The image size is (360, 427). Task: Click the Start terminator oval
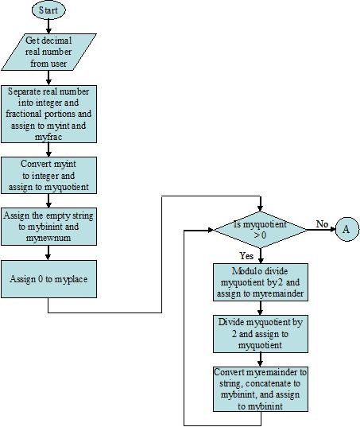point(48,10)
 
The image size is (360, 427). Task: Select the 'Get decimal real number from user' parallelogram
point(48,52)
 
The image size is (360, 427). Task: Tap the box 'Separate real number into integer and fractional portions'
point(48,115)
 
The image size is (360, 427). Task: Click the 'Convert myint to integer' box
point(48,175)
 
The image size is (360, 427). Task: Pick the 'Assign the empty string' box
point(48,225)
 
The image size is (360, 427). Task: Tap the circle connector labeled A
point(346,231)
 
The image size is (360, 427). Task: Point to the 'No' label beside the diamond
point(322,224)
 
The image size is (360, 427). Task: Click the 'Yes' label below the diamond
point(247,255)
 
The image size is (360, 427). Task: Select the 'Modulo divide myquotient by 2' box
point(261,283)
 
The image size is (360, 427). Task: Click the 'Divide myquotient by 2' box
point(261,334)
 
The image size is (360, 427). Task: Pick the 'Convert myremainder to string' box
point(261,389)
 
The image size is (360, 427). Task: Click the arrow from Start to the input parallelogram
point(48,26)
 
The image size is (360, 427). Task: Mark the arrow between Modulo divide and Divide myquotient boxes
point(261,309)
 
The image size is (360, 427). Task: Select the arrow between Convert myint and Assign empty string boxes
point(48,200)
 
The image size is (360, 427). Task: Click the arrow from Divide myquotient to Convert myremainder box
point(261,359)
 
